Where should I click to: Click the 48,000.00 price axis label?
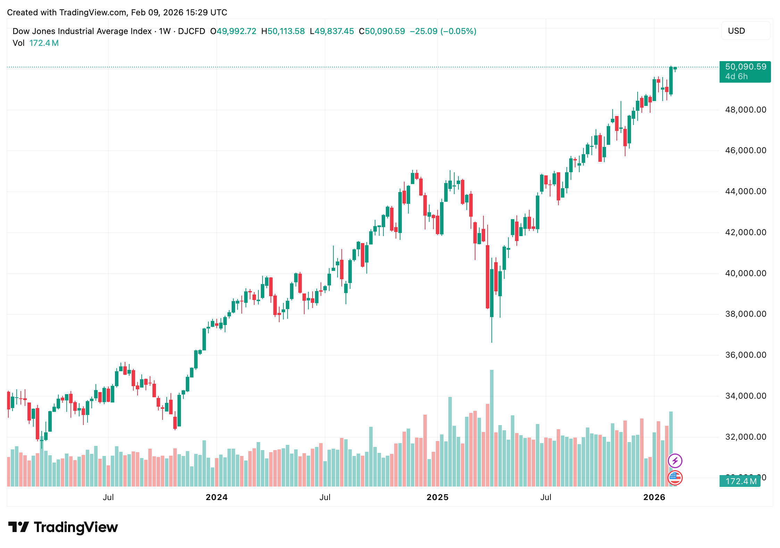(x=745, y=110)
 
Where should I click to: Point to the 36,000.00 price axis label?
(x=745, y=355)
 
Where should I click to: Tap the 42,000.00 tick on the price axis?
(x=745, y=232)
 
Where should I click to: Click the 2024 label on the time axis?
(x=216, y=497)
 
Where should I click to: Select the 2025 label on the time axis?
(x=437, y=497)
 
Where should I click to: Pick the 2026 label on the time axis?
(x=654, y=497)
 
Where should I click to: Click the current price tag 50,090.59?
(x=745, y=67)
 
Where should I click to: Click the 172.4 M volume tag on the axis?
(x=740, y=481)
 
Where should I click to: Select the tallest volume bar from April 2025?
(x=492, y=427)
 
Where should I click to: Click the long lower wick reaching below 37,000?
(x=492, y=330)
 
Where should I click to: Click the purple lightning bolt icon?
(x=675, y=461)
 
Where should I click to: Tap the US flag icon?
(x=675, y=478)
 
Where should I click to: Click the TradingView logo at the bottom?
(x=63, y=527)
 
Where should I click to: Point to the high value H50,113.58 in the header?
(x=283, y=31)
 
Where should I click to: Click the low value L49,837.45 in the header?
(x=332, y=31)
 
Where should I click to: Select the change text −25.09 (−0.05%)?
(x=443, y=31)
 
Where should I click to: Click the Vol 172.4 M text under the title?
(x=35, y=43)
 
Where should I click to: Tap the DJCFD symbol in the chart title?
(x=191, y=31)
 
